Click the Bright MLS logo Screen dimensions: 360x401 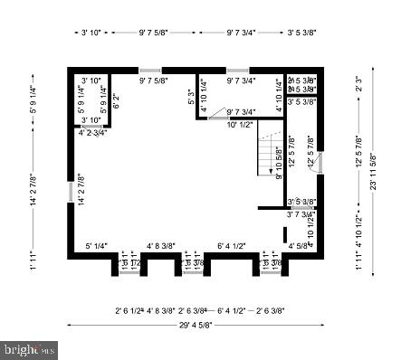pyautogui.click(x=31, y=347)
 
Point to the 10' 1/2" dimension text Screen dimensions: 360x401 pyautogui.click(x=239, y=125)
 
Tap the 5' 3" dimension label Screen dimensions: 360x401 pyautogui.click(x=191, y=95)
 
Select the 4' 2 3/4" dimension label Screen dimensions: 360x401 pyautogui.click(x=92, y=132)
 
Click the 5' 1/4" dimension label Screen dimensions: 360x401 pyautogui.click(x=97, y=245)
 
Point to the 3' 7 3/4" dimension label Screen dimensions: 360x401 pyautogui.click(x=301, y=214)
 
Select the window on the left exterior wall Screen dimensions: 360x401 pyautogui.click(x=71, y=193)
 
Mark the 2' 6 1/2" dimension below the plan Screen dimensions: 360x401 pyautogui.click(x=130, y=308)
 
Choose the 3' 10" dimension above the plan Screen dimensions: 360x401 pyautogui.click(x=90, y=33)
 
